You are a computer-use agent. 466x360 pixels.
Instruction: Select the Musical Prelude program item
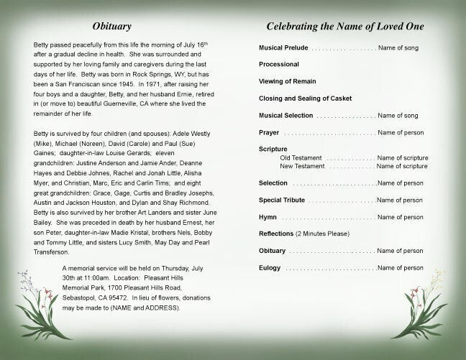[285, 47]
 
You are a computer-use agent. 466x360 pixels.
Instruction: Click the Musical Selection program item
[287, 115]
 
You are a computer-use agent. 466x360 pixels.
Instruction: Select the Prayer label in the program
[269, 132]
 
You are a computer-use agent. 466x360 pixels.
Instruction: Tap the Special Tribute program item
[283, 200]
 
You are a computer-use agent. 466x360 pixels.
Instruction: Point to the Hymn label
[268, 217]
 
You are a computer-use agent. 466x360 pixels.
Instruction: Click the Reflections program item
[277, 234]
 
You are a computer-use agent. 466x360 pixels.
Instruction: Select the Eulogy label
[270, 267]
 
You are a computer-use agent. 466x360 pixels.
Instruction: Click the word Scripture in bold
[273, 149]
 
